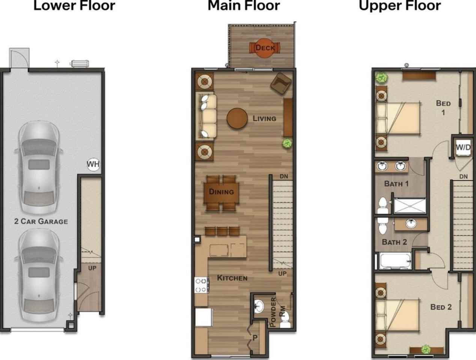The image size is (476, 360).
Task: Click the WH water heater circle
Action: coord(93,164)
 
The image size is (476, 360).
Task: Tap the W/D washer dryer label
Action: coord(463,147)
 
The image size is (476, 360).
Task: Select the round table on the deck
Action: coord(264,48)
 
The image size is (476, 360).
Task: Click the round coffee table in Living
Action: coord(237,118)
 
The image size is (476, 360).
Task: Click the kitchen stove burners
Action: coord(201,285)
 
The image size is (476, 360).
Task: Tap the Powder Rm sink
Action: coord(259,306)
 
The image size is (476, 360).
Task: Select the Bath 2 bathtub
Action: coord(395,261)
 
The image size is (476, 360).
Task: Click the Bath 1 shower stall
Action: coord(410,205)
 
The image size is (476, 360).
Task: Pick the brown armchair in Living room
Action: coord(281,83)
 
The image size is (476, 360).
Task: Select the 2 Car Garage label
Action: coord(41,221)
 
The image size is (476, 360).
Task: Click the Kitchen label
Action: coord(232,278)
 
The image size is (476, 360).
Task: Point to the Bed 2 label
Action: coord(441,307)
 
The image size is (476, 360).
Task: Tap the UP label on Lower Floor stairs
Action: coord(92,268)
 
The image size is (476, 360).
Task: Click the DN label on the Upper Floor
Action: coord(463,177)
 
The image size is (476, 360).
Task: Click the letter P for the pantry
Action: coord(255,337)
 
